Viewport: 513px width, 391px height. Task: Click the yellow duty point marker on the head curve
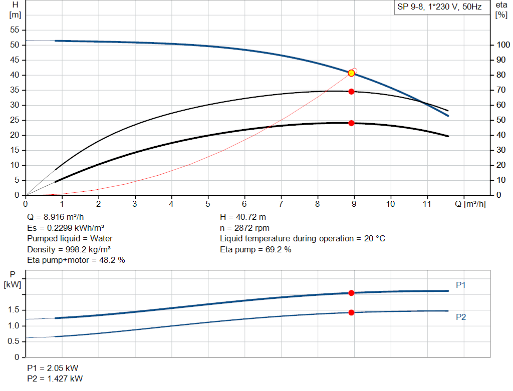pyautogui.click(x=351, y=73)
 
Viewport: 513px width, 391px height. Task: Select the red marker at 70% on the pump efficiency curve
pyautogui.click(x=351, y=92)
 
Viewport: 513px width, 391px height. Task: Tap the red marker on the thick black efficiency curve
pyautogui.click(x=351, y=123)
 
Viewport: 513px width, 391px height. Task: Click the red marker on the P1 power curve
pyautogui.click(x=351, y=293)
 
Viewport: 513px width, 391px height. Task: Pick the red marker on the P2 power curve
pyautogui.click(x=351, y=312)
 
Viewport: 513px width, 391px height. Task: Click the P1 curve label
pyautogui.click(x=461, y=285)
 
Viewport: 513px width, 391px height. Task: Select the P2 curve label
pyautogui.click(x=461, y=317)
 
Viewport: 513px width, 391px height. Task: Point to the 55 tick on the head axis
pyautogui.click(x=14, y=30)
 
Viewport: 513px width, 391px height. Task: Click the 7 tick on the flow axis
pyautogui.click(x=281, y=204)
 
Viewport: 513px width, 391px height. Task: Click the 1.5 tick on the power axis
pyautogui.click(x=14, y=310)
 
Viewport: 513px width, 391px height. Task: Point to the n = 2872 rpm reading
pyautogui.click(x=244, y=228)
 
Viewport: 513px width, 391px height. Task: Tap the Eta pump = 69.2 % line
pyautogui.click(x=255, y=249)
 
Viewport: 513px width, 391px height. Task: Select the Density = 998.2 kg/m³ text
pyautogui.click(x=69, y=249)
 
